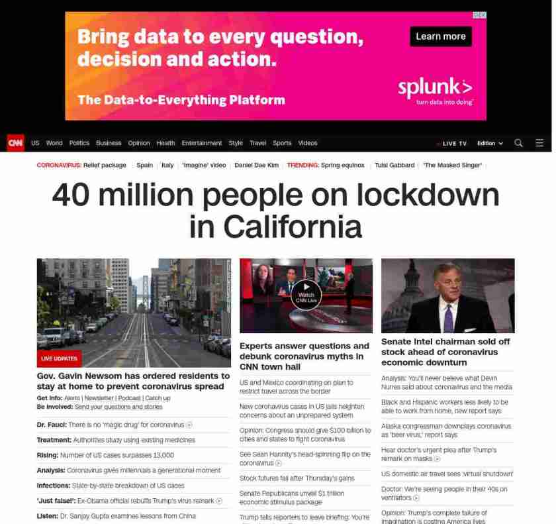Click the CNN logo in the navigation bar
point(15,143)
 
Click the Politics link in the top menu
point(79,143)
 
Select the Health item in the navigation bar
point(165,143)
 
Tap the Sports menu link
point(282,143)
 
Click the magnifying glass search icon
point(518,143)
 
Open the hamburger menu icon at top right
point(539,143)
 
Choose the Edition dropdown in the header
point(490,143)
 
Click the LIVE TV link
point(453,144)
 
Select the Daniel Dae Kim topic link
point(256,165)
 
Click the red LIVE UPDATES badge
point(60,358)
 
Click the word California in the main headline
point(292,227)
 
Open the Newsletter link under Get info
point(99,398)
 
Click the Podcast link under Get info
point(130,398)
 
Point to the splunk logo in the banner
point(435,89)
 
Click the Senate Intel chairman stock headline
point(445,352)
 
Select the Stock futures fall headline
point(297,478)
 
